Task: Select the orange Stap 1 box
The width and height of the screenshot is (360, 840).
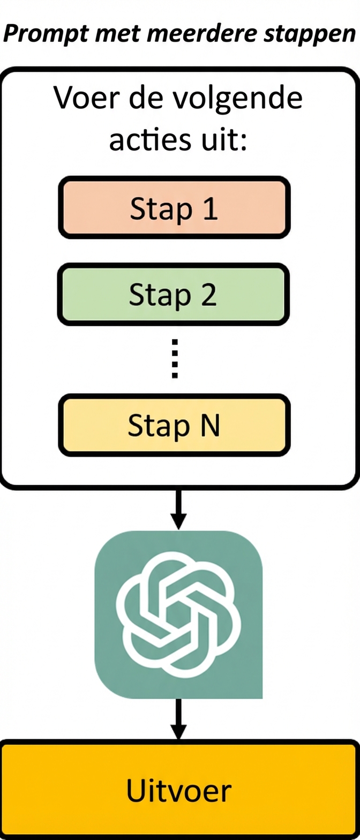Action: tap(174, 207)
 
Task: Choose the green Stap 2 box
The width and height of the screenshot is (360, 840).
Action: tap(174, 295)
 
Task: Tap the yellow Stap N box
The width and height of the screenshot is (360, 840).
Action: tap(174, 425)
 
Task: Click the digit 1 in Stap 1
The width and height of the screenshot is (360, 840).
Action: tap(211, 209)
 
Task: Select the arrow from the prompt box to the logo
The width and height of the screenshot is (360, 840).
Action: tap(179, 509)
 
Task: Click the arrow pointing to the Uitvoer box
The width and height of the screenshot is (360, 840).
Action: tap(179, 719)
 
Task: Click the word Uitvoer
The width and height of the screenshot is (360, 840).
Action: tap(179, 790)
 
